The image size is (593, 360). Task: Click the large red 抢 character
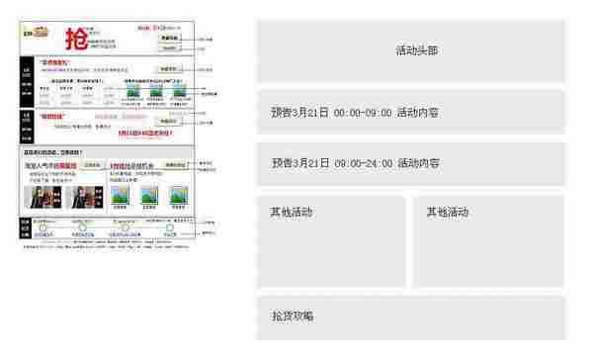(x=75, y=39)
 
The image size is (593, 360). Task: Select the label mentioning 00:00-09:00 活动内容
(x=355, y=113)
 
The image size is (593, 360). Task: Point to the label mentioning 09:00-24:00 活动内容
(x=355, y=163)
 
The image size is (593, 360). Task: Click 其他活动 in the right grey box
(x=447, y=213)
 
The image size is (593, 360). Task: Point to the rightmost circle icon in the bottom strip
(x=170, y=229)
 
